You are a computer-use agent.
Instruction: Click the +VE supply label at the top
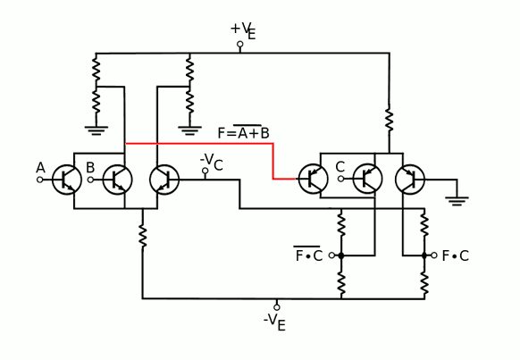(x=243, y=31)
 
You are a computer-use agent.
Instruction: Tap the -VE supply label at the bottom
(x=274, y=322)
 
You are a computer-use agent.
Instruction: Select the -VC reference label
(x=211, y=162)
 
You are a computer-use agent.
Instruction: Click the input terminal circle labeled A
(x=40, y=180)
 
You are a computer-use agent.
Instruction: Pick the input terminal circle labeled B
(x=90, y=180)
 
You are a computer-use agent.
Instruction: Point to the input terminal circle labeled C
(x=340, y=179)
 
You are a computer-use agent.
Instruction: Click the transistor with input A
(x=67, y=180)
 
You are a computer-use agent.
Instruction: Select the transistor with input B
(x=117, y=180)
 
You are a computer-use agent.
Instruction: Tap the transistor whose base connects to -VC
(x=164, y=180)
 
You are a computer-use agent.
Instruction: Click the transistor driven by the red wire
(x=313, y=179)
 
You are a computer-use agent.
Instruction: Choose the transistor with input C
(x=367, y=179)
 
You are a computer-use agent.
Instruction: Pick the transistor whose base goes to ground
(x=410, y=179)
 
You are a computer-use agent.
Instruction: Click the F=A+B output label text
(x=243, y=132)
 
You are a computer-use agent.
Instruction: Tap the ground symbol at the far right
(x=457, y=201)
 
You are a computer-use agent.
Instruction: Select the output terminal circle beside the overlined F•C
(x=331, y=255)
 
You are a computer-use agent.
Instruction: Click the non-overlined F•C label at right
(x=456, y=255)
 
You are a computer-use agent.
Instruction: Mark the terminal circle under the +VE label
(x=240, y=44)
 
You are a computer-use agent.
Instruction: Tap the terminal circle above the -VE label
(x=277, y=307)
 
